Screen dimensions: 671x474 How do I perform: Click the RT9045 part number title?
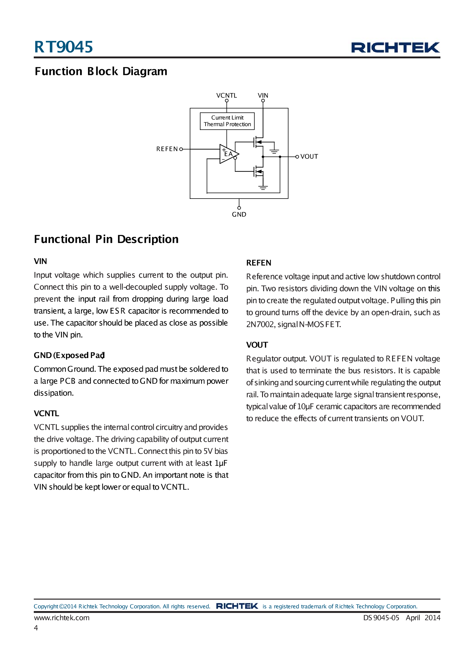click(63, 47)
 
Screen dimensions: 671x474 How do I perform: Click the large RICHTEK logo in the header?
click(395, 47)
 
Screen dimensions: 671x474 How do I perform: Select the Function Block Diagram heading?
click(101, 71)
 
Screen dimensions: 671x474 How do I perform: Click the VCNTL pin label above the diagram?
click(226, 95)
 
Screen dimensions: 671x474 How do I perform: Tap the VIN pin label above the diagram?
click(263, 95)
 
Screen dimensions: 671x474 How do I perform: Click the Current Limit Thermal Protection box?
click(227, 121)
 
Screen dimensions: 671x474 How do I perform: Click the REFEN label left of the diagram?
click(167, 149)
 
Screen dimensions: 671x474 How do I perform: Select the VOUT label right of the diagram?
click(309, 157)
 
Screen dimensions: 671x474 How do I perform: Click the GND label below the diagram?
click(239, 214)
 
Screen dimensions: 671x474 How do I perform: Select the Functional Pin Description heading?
click(106, 239)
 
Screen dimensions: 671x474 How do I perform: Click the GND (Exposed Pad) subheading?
click(69, 355)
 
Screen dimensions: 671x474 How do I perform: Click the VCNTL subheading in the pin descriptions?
click(47, 413)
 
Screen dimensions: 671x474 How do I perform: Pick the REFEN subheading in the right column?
click(259, 263)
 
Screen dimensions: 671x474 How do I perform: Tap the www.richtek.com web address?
click(62, 617)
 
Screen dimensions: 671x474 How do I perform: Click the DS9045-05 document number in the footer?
click(381, 617)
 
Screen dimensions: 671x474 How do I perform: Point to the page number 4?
click(36, 628)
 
